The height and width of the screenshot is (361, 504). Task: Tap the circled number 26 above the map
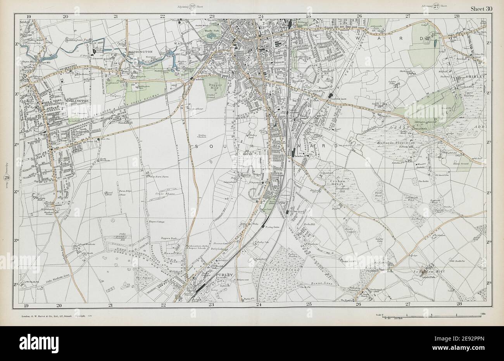pyautogui.click(x=192, y=5)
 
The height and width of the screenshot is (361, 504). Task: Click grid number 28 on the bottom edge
pyautogui.click(x=459, y=305)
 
